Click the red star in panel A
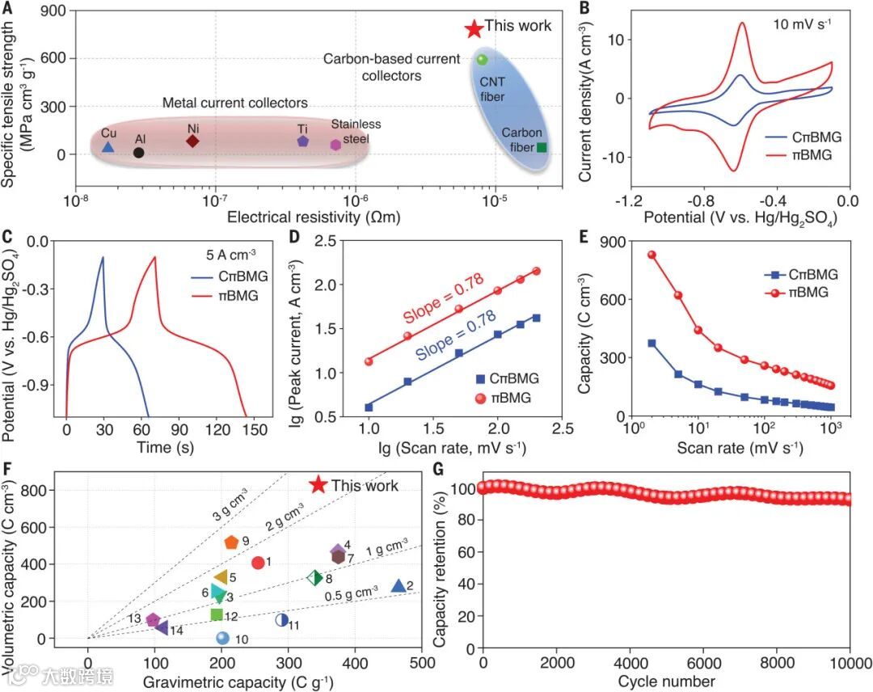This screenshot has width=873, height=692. coord(474,28)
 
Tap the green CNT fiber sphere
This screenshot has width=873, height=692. coord(483,59)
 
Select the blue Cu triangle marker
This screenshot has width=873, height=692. coord(108,147)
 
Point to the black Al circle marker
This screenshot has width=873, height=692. coord(139,152)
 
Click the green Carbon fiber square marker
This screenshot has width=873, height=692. coord(542,147)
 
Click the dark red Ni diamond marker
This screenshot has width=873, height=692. coord(192,141)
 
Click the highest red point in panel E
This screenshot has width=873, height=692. coord(652,255)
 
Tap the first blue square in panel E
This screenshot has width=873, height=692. coord(652,344)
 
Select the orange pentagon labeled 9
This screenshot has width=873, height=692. coord(231,542)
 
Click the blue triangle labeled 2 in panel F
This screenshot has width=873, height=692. coord(398,586)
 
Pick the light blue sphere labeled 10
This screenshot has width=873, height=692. coord(223,638)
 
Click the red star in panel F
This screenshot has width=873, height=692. coord(318,485)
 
